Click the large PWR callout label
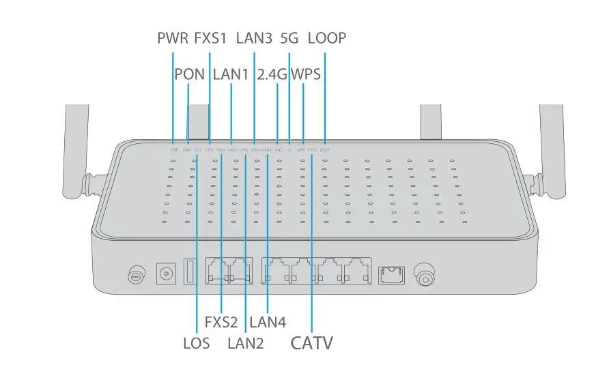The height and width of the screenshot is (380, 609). pos(173,38)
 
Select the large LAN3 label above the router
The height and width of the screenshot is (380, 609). pos(254,38)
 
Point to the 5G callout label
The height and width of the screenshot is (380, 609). pos(289,38)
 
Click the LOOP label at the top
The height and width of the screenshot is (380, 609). pos(327,38)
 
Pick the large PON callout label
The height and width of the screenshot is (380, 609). pos(189,74)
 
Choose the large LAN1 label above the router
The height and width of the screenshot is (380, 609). pos(231,74)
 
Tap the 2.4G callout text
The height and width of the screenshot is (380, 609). pos(272,74)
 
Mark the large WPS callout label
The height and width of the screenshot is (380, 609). pos(305,74)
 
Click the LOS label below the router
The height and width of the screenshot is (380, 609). pos(197,343)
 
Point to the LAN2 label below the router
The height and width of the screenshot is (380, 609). pos(246,343)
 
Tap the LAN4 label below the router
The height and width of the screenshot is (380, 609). pos(268,321)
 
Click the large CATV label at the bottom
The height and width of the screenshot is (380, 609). pos(312,342)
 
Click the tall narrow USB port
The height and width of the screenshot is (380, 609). pos(189,272)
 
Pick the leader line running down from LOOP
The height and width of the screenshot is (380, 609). pos(324,96)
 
